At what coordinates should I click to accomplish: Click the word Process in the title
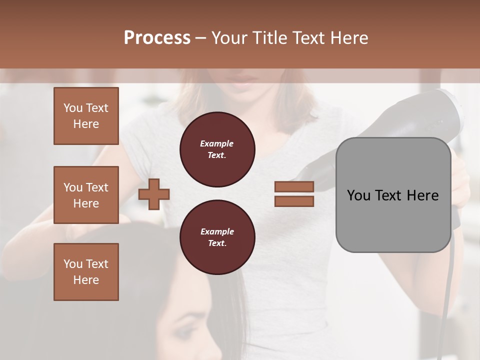pos(157,38)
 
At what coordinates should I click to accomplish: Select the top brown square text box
pos(86,116)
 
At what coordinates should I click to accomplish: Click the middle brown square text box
pos(86,195)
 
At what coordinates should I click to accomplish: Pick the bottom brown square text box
pos(86,272)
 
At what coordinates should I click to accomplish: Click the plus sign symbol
pos(154,194)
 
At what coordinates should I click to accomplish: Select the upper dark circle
pos(217,149)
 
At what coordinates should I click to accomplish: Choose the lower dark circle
pos(217,237)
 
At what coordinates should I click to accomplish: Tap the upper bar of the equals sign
pos(294,186)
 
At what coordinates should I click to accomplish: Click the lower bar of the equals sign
pos(294,201)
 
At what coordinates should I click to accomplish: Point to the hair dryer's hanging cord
pos(446,300)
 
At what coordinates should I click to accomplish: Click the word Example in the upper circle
pos(217,143)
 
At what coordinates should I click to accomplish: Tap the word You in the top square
pos(73,108)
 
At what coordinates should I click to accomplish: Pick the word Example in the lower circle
pos(217,231)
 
